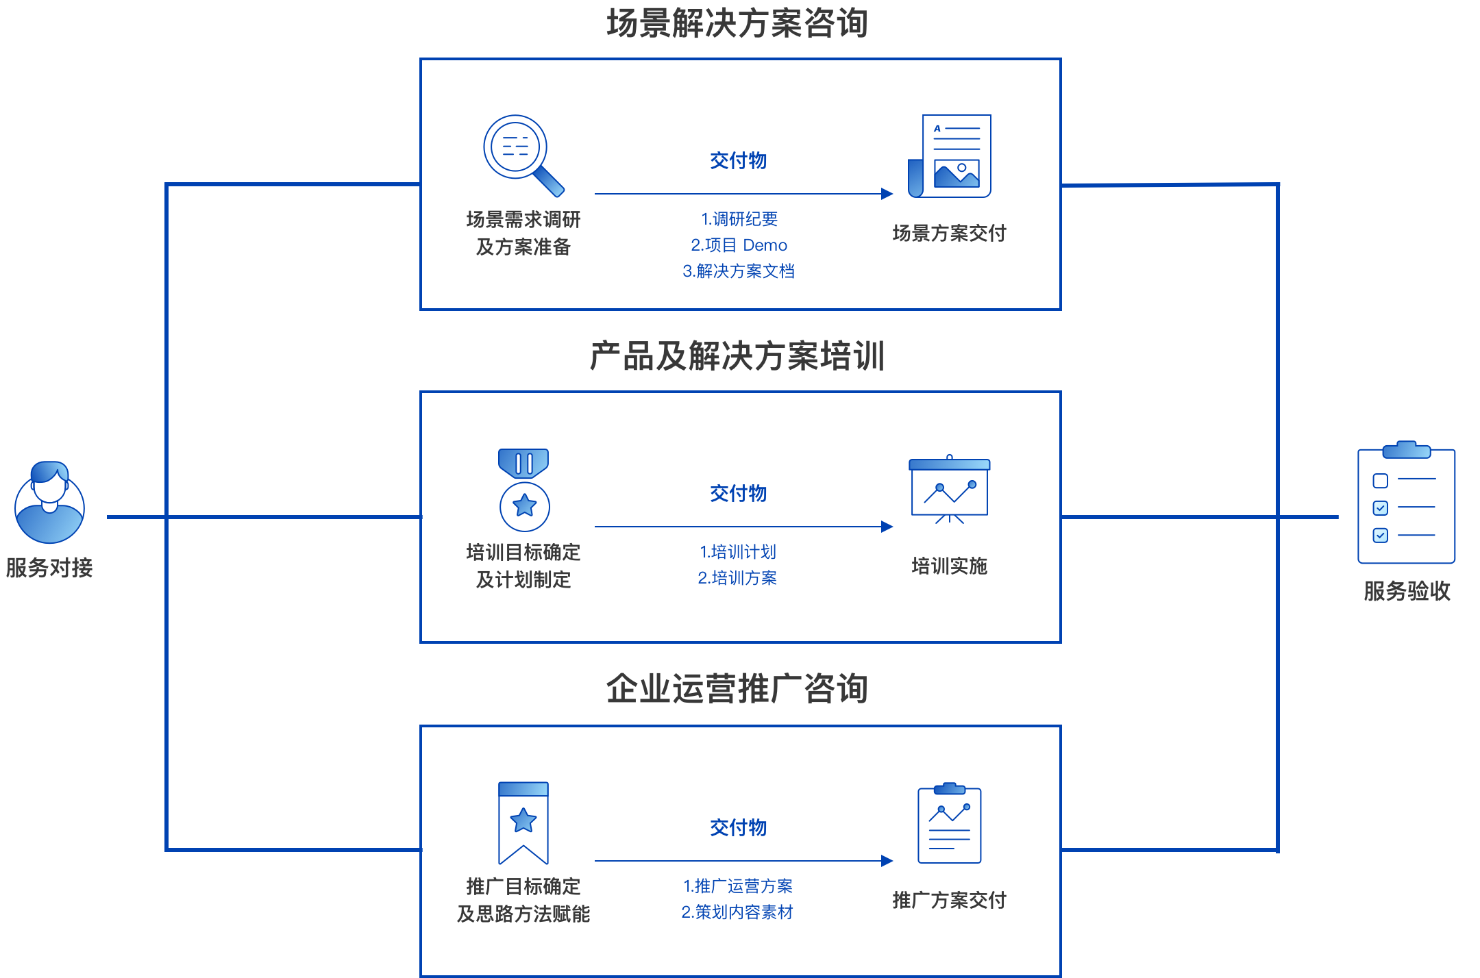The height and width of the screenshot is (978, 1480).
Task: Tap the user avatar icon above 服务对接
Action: coord(49,503)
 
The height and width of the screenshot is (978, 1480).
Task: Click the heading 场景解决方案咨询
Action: coord(738,23)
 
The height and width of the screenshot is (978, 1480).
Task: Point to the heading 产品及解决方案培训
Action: coord(738,356)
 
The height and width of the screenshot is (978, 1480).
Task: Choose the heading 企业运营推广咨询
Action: coord(738,688)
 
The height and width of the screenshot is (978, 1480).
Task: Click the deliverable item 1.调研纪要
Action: coord(739,219)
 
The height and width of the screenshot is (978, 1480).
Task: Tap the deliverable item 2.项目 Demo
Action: coord(739,245)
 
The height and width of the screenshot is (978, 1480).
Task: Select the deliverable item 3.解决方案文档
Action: coord(739,271)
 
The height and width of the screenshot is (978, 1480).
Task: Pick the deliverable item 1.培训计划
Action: coord(738,552)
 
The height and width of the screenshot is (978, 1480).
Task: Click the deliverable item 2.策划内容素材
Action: coord(737,912)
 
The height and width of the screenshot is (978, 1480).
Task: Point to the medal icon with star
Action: coord(524,490)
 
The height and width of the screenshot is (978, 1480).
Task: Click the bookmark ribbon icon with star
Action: coord(523,823)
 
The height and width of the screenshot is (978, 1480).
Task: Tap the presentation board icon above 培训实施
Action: coord(950,489)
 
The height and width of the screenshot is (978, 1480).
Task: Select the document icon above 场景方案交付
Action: coord(950,156)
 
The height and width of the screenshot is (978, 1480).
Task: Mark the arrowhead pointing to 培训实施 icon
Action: coord(887,527)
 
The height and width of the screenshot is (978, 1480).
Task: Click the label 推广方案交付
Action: coord(950,900)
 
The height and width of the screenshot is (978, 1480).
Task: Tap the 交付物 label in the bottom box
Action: coord(739,827)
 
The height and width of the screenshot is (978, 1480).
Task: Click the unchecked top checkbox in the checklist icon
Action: coord(1381,481)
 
